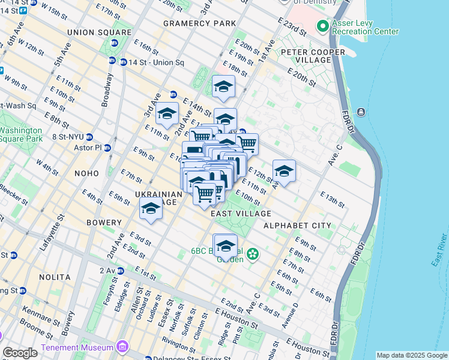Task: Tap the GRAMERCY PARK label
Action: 199,23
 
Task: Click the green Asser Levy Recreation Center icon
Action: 322,26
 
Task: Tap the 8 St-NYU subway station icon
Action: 89,137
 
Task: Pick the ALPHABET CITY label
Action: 297,226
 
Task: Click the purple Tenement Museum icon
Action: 122,347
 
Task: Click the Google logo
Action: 20,353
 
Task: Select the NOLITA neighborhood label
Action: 52,277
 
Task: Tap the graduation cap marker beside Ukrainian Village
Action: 151,209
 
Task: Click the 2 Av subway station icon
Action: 120,271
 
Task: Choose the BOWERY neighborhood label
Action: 103,223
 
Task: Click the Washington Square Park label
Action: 21,134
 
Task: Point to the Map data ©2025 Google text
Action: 411,355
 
